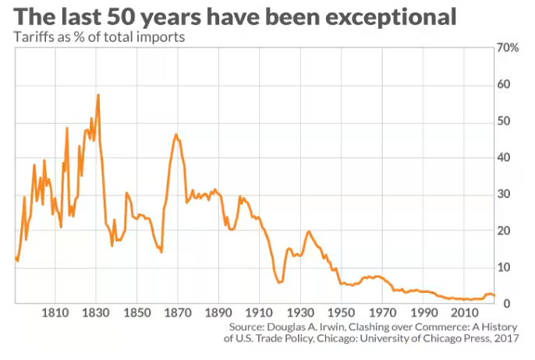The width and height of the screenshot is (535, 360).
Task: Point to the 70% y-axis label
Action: tap(507, 48)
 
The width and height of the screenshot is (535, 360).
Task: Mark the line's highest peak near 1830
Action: tap(98, 94)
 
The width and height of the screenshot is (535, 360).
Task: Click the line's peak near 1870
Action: tap(176, 134)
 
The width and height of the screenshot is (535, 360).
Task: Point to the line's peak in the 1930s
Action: tap(309, 231)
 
